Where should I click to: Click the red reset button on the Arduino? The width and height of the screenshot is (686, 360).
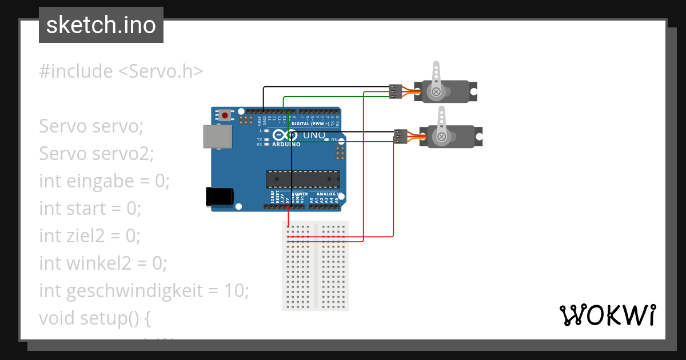(225, 115)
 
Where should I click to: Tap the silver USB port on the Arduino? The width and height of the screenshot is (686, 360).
(217, 137)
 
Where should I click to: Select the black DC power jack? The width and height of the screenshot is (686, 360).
(219, 196)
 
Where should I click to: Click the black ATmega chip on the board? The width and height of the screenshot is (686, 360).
(302, 179)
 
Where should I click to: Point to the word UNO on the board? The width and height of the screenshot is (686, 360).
(313, 136)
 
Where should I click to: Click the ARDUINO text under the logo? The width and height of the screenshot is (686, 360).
(286, 145)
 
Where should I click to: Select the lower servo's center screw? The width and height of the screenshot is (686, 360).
(441, 136)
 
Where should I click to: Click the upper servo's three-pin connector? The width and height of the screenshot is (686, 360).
(395, 91)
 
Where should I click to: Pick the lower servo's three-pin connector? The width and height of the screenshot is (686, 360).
(401, 137)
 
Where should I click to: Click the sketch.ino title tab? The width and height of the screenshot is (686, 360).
(101, 25)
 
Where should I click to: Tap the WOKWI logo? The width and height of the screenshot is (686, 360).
(607, 315)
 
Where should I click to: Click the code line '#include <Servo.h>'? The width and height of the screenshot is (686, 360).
(121, 71)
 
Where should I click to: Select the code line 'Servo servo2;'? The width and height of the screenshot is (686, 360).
(97, 154)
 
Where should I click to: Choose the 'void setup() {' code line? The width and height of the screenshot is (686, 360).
(95, 318)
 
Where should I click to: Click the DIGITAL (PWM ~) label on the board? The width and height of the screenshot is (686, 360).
(311, 123)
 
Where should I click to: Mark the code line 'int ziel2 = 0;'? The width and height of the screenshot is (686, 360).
(89, 235)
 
